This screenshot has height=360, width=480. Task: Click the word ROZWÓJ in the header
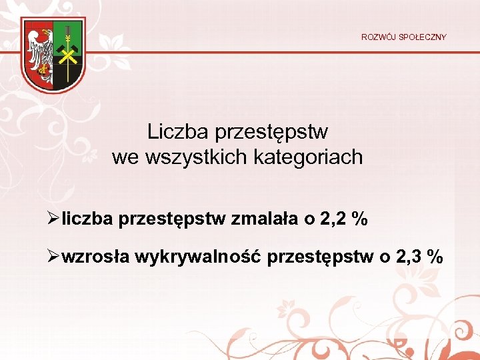(377, 37)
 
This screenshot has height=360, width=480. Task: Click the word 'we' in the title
(125, 157)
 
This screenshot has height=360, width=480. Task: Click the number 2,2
(331, 219)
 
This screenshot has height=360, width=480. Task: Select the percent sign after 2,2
(360, 219)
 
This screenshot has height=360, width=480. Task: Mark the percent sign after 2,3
(436, 257)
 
